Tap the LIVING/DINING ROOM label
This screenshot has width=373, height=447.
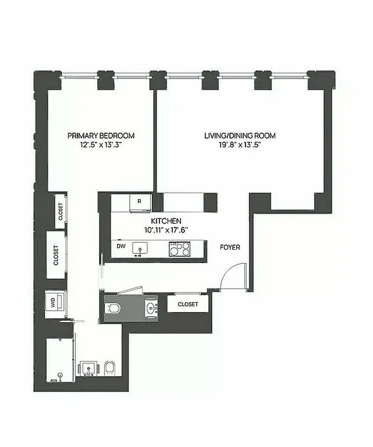point(239,136)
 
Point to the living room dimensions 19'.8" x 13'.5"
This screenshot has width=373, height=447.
point(239,145)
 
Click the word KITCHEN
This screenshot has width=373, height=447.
point(166,221)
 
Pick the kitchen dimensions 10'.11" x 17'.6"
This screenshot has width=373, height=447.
point(166,229)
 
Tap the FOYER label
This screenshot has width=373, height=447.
point(229,247)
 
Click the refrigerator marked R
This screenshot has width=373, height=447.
point(140,202)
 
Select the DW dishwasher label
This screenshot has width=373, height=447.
point(122,246)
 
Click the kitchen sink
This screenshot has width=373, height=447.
point(140,249)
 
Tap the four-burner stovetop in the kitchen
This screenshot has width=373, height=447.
point(180,249)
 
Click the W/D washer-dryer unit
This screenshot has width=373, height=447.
point(53,303)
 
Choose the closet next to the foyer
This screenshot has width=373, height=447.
point(188,304)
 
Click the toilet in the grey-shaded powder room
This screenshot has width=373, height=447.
point(114,307)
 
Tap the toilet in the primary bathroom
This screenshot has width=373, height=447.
point(109,368)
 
